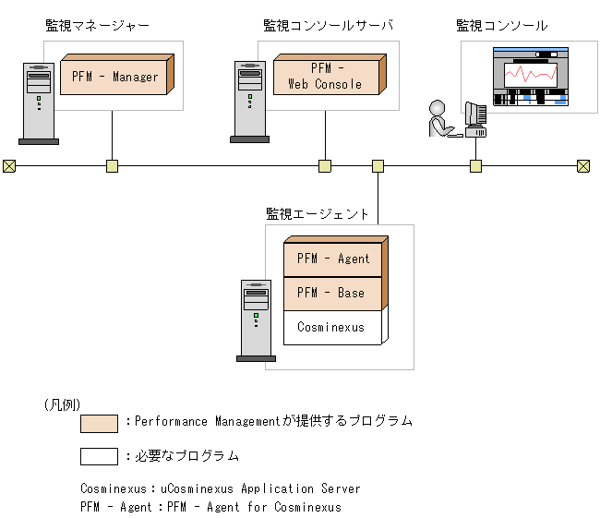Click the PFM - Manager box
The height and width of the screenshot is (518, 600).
pyautogui.click(x=114, y=76)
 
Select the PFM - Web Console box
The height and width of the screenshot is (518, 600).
pyautogui.click(x=330, y=76)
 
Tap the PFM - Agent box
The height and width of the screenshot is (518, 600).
pyautogui.click(x=333, y=259)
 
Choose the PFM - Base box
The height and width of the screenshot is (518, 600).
pyautogui.click(x=333, y=293)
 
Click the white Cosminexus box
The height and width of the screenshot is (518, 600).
pyautogui.click(x=331, y=327)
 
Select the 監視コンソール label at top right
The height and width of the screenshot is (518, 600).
pyautogui.click(x=501, y=26)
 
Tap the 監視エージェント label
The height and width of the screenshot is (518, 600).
pyautogui.click(x=318, y=213)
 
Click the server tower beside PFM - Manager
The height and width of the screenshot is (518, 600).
pyautogui.click(x=38, y=102)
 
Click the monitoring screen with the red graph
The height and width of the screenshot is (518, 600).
pyautogui.click(x=530, y=78)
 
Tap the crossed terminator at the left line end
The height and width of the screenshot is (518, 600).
pyautogui.click(x=9, y=166)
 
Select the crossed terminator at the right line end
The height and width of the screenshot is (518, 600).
pyautogui.click(x=583, y=166)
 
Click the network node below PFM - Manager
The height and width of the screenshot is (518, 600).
pyautogui.click(x=112, y=166)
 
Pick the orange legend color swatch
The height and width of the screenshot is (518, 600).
pyautogui.click(x=99, y=423)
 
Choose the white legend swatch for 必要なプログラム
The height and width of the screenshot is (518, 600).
pyautogui.click(x=99, y=456)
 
